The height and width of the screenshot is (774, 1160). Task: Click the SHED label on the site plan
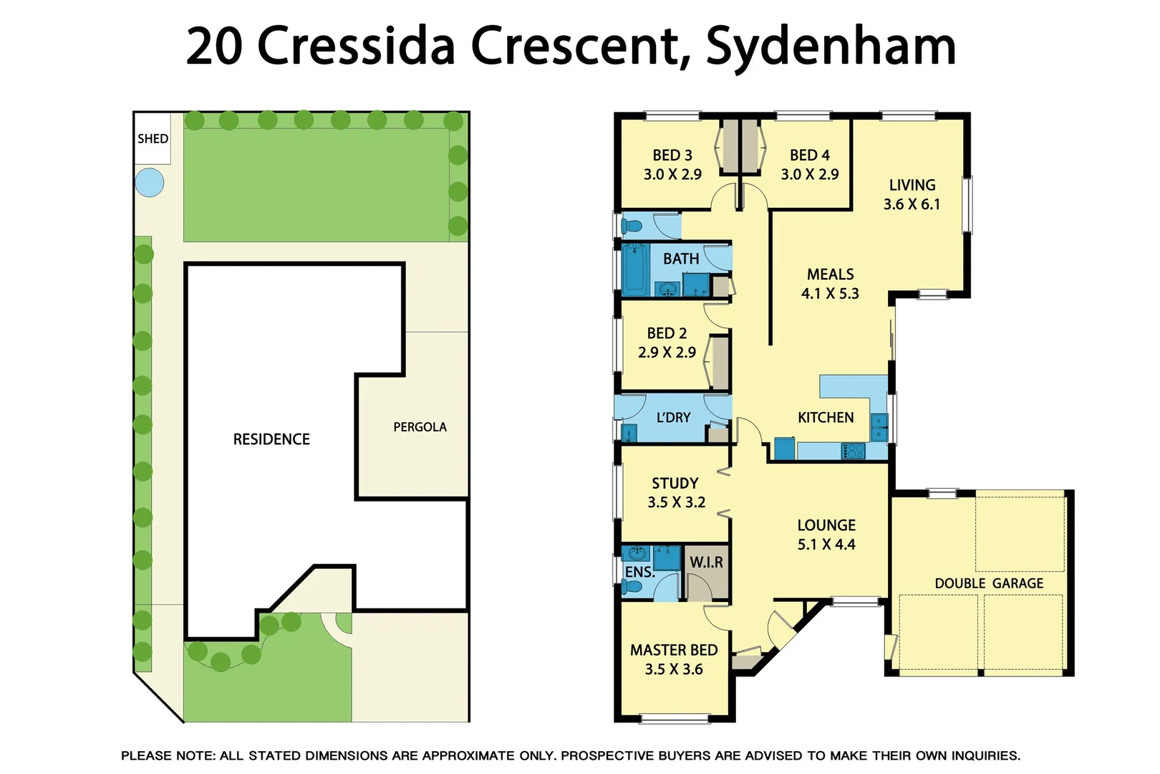(x=153, y=138)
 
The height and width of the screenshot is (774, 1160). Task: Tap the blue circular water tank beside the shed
(x=149, y=182)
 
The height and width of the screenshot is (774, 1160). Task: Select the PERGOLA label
(x=420, y=427)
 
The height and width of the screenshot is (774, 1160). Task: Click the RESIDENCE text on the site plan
(x=271, y=439)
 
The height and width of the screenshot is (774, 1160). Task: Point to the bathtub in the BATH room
(x=634, y=271)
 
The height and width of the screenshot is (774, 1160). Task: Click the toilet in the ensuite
(x=632, y=586)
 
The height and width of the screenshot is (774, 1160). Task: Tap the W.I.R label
(x=706, y=563)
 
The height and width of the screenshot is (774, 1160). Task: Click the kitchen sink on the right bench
(x=879, y=427)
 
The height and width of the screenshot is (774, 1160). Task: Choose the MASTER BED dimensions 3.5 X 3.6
(x=673, y=669)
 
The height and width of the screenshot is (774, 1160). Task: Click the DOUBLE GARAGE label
(x=988, y=583)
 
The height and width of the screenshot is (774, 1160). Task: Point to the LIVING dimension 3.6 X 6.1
(x=912, y=204)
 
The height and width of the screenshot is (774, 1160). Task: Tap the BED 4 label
(x=809, y=156)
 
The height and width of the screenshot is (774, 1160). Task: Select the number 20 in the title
(x=214, y=46)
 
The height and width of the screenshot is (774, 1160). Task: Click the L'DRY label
(x=673, y=417)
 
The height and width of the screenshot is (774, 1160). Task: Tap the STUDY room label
(x=675, y=483)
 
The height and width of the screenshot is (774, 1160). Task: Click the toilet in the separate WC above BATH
(x=632, y=226)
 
